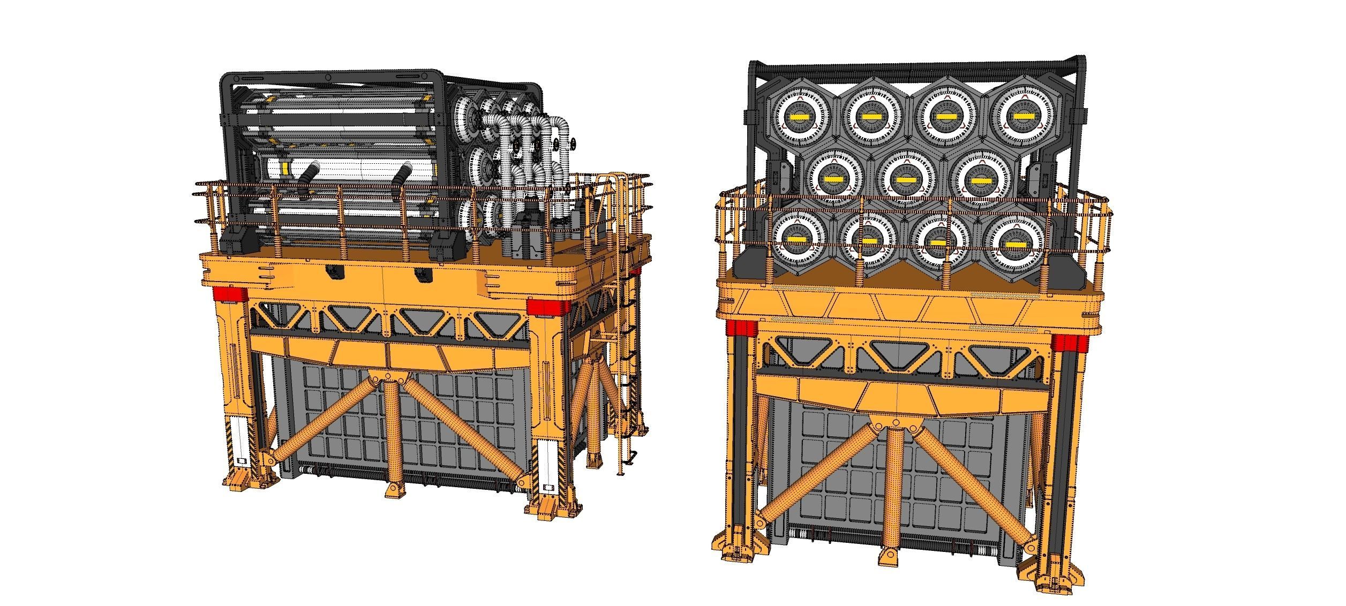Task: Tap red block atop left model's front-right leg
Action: pyautogui.click(x=547, y=307)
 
